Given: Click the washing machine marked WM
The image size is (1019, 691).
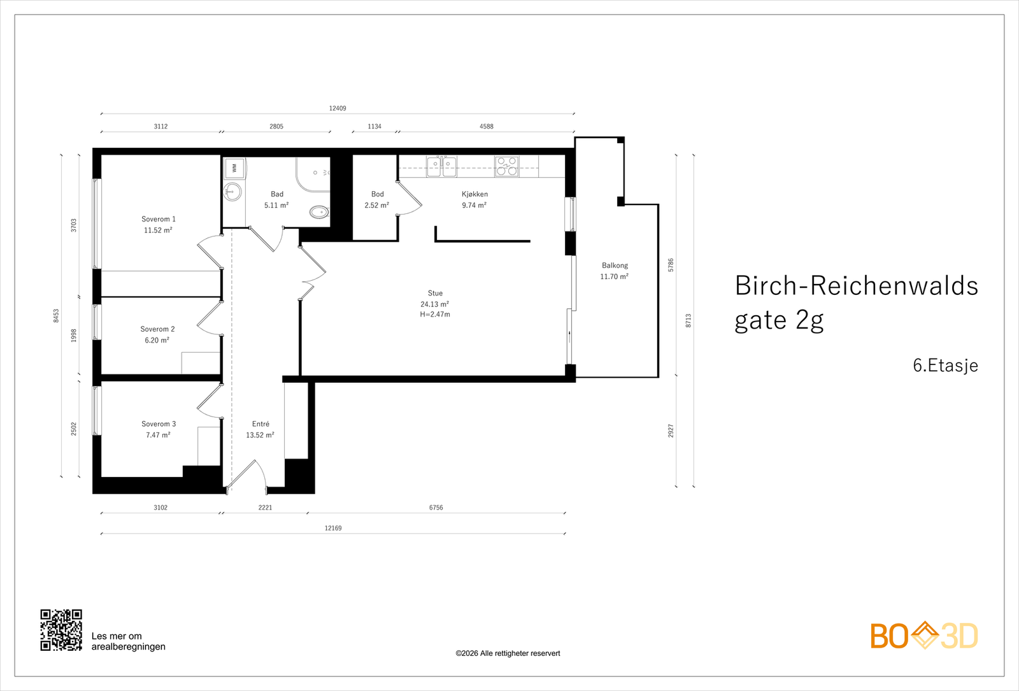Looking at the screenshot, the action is tap(234, 168).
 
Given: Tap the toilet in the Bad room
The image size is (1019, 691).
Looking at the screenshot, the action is tap(320, 211).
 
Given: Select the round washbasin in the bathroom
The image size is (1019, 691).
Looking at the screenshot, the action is tap(232, 191).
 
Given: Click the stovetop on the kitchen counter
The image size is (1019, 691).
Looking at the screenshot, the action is tap(507, 166).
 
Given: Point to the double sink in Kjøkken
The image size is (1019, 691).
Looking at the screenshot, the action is tap(441, 166).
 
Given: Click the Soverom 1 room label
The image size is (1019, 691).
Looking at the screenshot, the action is tap(159, 219).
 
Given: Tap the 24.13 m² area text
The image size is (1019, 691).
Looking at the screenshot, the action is tap(435, 304).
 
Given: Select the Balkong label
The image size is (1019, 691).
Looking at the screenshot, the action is tap(615, 265).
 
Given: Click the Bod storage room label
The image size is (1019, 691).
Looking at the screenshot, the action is tap(377, 194).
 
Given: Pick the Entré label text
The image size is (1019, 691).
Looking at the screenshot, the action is tap(260, 424).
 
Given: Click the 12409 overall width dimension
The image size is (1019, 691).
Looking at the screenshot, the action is tap(338, 108).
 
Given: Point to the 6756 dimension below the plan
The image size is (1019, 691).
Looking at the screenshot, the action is tap(436, 507).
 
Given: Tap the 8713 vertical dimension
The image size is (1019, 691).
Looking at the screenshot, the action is tap(688, 320).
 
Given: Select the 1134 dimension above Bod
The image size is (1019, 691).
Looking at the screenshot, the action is tap(374, 127).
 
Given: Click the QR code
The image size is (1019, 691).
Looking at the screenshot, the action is tap(61, 630).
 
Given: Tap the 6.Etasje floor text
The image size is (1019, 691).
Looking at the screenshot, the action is tap(945, 366).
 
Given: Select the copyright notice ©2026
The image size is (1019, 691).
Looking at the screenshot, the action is tap(508, 653).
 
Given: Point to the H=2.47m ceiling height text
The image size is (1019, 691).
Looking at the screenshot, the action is tap(435, 315).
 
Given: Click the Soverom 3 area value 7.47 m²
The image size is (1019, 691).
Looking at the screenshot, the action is tap(158, 435).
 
